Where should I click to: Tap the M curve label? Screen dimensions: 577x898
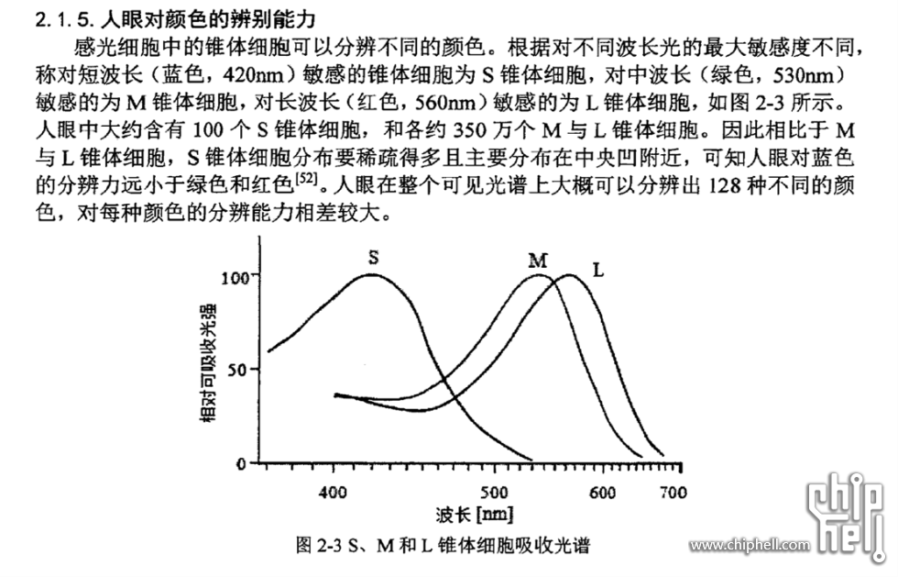point(538,261)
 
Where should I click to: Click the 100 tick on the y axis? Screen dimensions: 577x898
point(235,276)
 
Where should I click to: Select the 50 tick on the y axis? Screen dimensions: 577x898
point(240,370)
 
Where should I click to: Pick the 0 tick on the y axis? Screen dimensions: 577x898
point(245,463)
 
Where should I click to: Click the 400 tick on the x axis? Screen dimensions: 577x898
point(332,493)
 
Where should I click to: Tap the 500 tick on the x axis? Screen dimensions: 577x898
point(494,493)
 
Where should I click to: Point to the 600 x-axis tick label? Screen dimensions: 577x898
point(601,493)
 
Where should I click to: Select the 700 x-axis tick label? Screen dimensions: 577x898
point(673,493)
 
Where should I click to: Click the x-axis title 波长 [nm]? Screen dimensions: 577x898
point(475,515)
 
